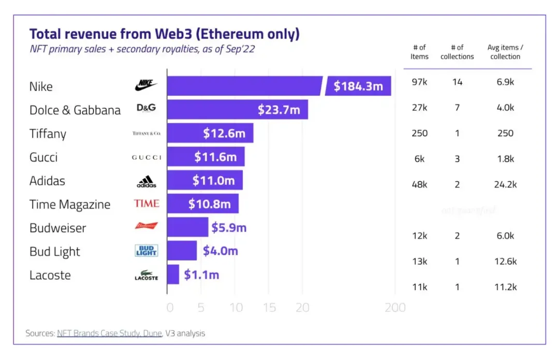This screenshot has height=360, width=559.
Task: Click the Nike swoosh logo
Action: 146,85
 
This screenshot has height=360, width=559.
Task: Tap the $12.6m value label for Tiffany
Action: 224,133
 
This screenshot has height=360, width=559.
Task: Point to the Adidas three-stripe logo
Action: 146,181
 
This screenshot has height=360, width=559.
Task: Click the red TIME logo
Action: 146,204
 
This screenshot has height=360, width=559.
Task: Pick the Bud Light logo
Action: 146,251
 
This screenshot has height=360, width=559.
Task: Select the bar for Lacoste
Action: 173,275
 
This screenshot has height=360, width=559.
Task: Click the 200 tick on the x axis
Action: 395,308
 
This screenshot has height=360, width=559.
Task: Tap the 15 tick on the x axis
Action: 270,308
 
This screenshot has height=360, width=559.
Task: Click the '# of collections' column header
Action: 457,52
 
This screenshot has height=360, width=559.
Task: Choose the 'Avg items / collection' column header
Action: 505,52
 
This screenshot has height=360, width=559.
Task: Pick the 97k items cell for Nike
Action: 419,82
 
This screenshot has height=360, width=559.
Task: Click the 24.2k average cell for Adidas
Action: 505,184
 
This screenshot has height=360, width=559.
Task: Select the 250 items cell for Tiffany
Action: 419,133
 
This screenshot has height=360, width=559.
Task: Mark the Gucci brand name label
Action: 43,157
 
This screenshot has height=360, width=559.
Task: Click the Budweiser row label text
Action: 57,228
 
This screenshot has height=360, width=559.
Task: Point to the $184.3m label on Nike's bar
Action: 358,86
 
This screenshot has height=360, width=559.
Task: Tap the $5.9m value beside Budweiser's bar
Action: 229,227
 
